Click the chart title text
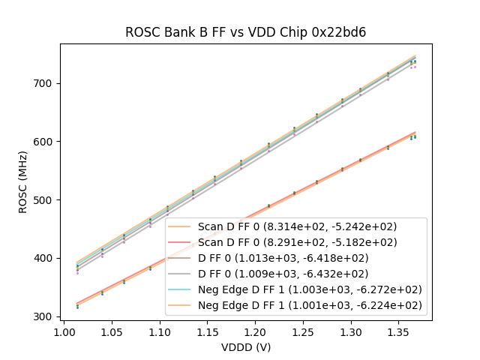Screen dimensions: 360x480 click(x=245, y=32)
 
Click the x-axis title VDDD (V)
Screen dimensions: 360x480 click(x=245, y=347)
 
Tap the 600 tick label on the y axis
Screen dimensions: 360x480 click(x=46, y=142)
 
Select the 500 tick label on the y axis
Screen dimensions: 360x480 click(x=46, y=200)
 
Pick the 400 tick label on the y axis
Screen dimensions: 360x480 click(x=46, y=259)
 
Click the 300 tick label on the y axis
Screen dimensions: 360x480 click(x=46, y=316)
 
